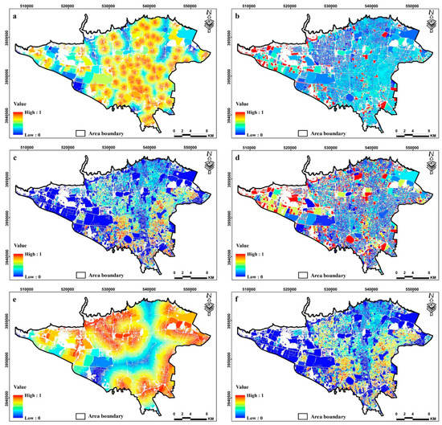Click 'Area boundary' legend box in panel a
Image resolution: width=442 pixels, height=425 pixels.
pos(80,131)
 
